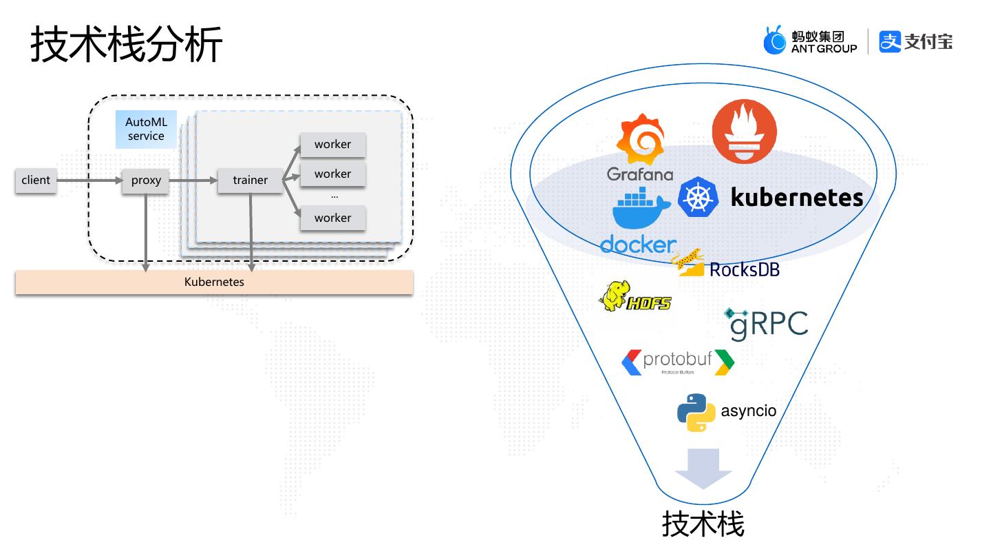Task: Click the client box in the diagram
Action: (36, 180)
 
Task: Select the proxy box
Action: (146, 180)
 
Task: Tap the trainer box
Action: (250, 180)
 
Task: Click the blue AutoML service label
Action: (146, 130)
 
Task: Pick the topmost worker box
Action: (332, 145)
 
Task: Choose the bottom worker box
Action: (332, 218)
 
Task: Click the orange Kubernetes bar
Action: (214, 282)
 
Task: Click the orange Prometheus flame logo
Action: (744, 132)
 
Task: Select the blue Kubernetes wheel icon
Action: (699, 197)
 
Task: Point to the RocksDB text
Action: (745, 269)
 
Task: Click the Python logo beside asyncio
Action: (696, 412)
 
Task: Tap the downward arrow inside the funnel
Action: (703, 468)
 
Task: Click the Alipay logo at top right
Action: (915, 41)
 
